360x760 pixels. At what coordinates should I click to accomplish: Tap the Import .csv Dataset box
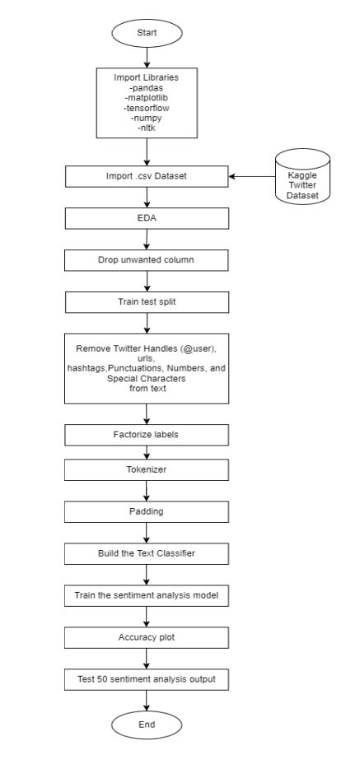coord(147,176)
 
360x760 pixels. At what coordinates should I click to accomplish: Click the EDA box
coord(147,220)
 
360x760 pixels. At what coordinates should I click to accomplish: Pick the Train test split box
coord(147,301)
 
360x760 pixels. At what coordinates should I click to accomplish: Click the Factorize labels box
coord(147,432)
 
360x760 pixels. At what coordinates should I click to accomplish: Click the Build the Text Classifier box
coord(147,553)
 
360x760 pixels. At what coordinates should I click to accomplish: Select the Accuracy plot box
coord(147,636)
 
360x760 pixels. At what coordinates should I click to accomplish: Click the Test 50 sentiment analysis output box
coord(147,679)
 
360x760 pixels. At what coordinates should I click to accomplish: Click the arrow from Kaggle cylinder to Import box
coord(250,176)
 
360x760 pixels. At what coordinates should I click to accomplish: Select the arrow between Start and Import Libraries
coord(147,57)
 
